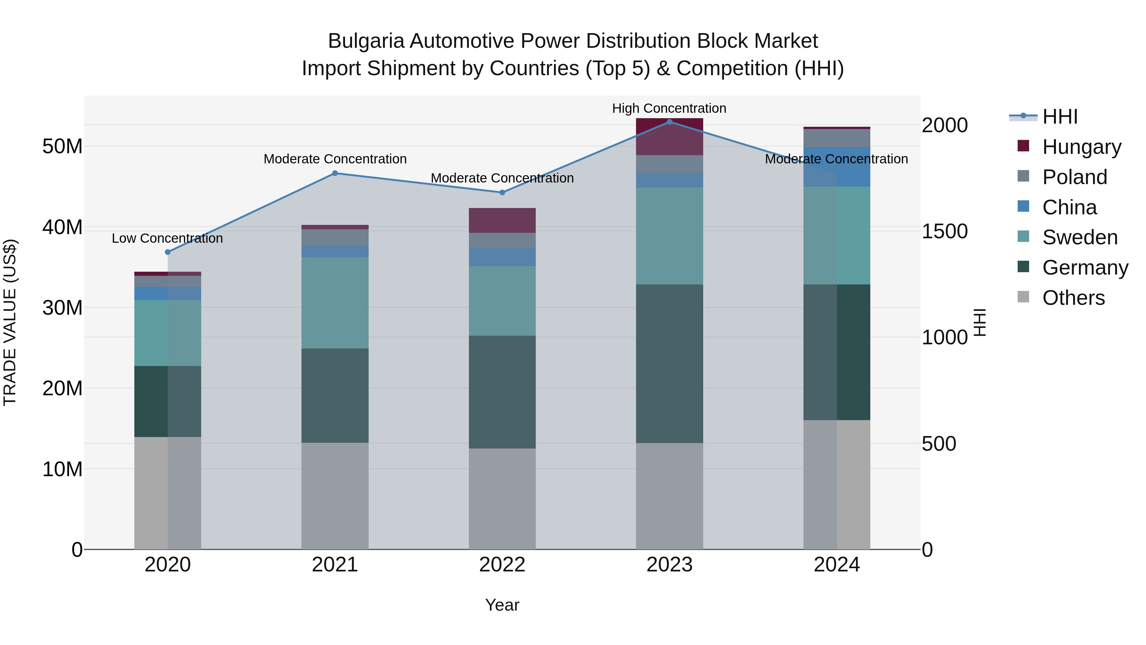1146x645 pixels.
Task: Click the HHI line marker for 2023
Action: click(x=669, y=122)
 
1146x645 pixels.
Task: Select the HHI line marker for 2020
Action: click(x=168, y=252)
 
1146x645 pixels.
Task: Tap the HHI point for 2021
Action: click(x=335, y=173)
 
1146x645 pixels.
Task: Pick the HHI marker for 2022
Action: click(x=502, y=192)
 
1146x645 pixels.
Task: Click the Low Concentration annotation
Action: click(x=167, y=238)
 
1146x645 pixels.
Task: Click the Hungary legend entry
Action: click(x=1081, y=147)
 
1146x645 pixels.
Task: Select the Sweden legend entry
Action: click(x=1080, y=237)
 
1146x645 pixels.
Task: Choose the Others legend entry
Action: click(x=1073, y=297)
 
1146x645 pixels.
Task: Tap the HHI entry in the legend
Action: click(x=1060, y=117)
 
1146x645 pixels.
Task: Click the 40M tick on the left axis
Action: click(x=62, y=227)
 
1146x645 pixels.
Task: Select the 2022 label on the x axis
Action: click(x=502, y=565)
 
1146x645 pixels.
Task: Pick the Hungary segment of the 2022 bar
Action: click(x=502, y=220)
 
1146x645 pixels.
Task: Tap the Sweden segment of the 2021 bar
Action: click(x=335, y=303)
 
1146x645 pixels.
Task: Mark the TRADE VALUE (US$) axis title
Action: click(x=10, y=322)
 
